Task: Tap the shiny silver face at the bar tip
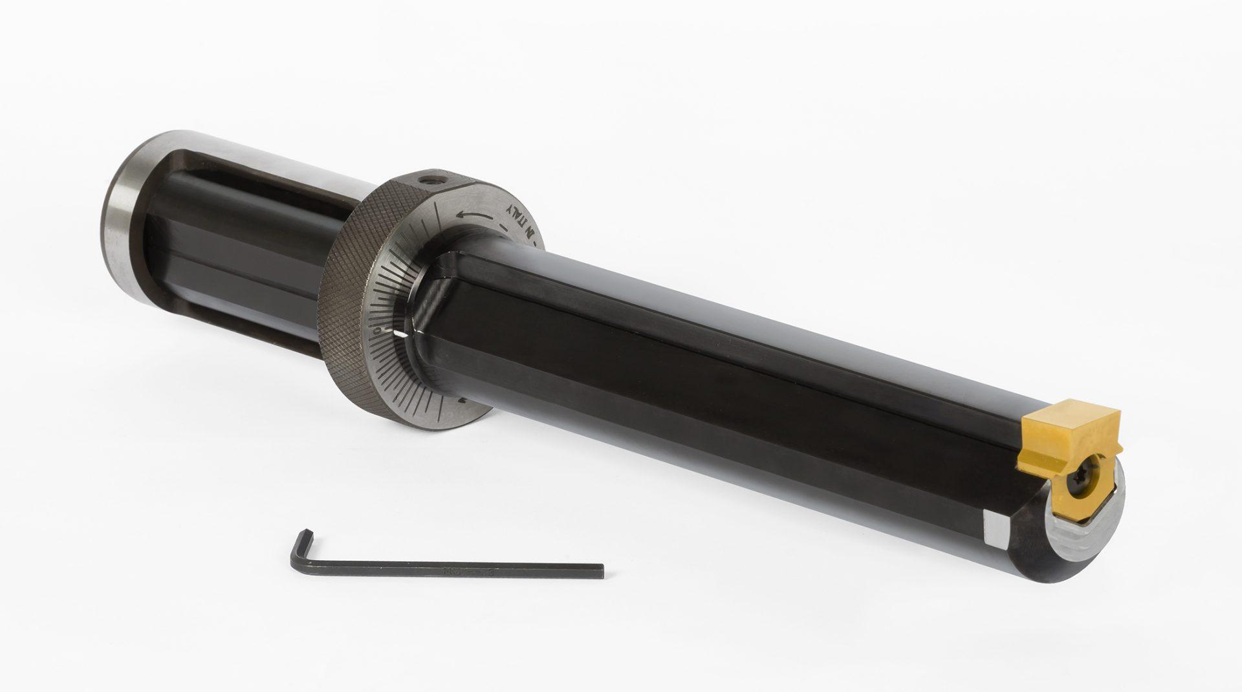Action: [1093, 517]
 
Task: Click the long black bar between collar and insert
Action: [744, 362]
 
